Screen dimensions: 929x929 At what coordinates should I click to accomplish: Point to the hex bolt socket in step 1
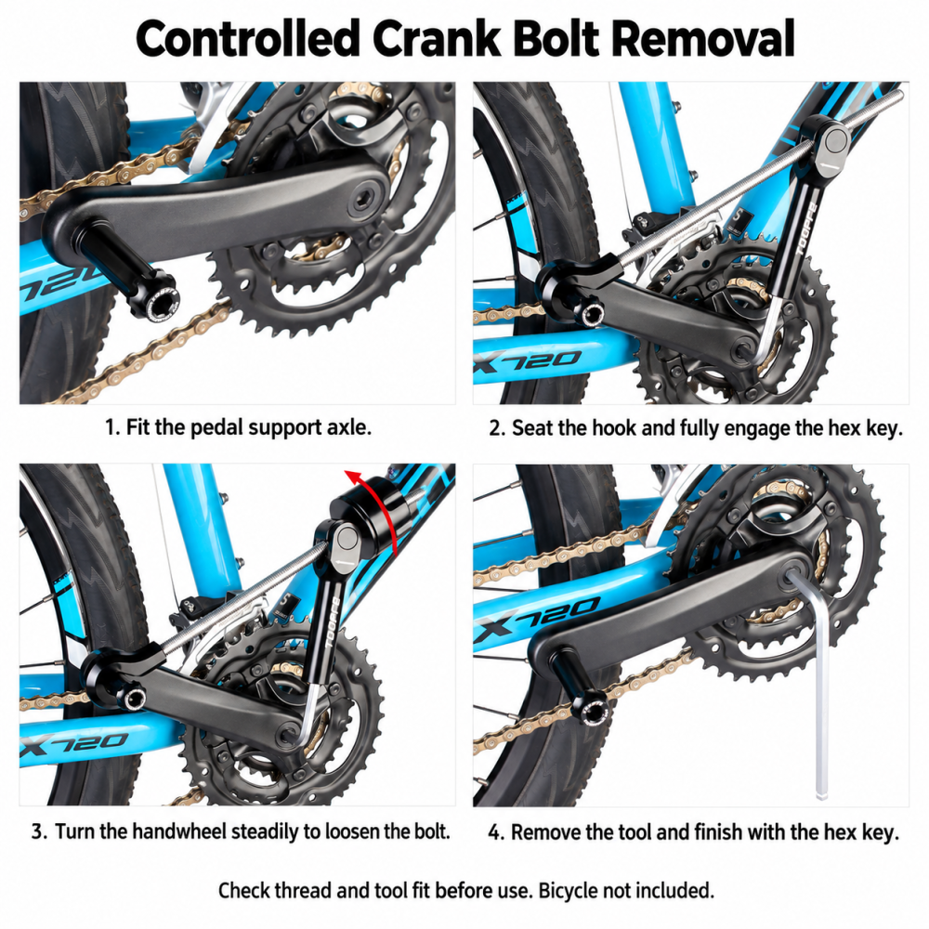point(362,203)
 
